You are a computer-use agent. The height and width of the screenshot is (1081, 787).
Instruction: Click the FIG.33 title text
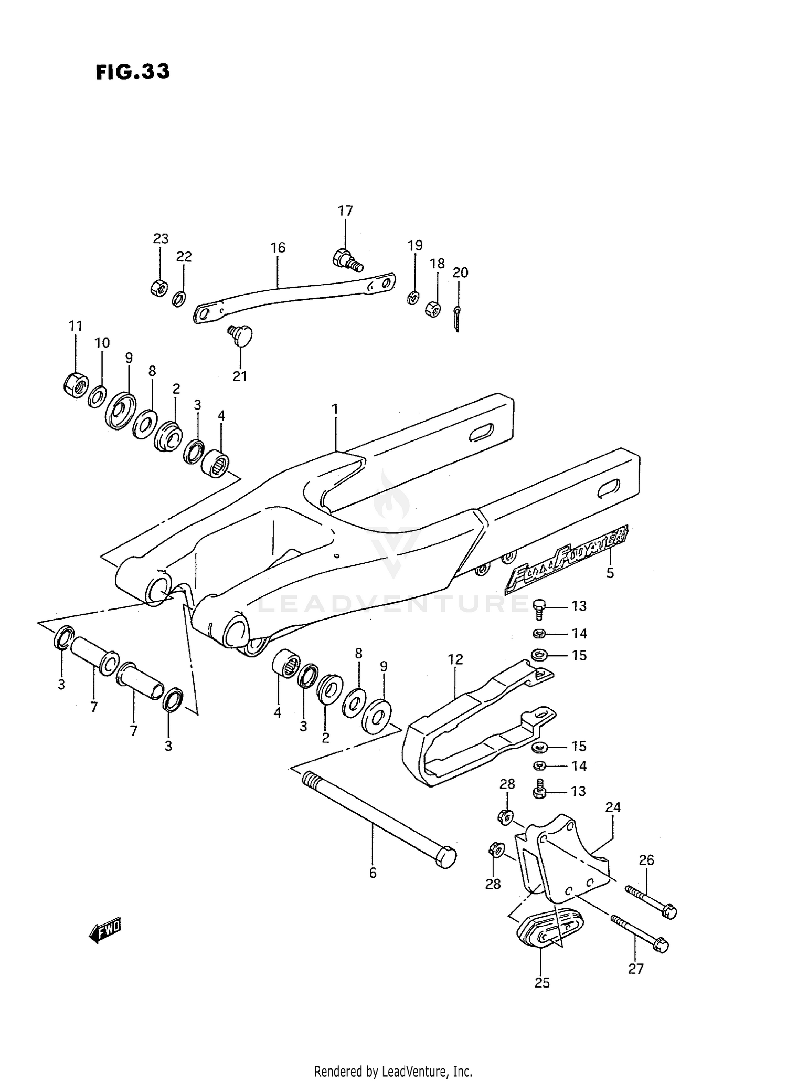click(133, 71)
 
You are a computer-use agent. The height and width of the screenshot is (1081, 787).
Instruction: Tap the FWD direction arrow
click(105, 931)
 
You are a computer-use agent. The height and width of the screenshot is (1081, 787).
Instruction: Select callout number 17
click(345, 211)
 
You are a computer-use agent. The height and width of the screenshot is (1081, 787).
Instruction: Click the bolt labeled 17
click(347, 260)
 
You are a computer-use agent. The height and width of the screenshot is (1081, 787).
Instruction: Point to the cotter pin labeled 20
click(457, 318)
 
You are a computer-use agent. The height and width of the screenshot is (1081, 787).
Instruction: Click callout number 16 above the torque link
click(278, 247)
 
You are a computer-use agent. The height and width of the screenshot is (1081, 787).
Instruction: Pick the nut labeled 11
click(76, 385)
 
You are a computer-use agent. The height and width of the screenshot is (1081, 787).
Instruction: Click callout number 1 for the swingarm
click(335, 409)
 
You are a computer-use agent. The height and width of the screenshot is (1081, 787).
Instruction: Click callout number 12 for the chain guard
click(455, 659)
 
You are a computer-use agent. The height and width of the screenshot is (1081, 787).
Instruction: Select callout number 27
click(635, 969)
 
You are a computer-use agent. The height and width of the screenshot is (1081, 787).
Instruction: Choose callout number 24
click(612, 807)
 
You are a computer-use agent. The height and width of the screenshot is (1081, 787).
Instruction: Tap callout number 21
click(240, 376)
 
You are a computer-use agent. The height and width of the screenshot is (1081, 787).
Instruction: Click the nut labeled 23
click(159, 287)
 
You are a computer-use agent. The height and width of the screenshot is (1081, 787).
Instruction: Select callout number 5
click(610, 573)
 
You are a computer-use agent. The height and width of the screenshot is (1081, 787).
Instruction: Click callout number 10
click(102, 343)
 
